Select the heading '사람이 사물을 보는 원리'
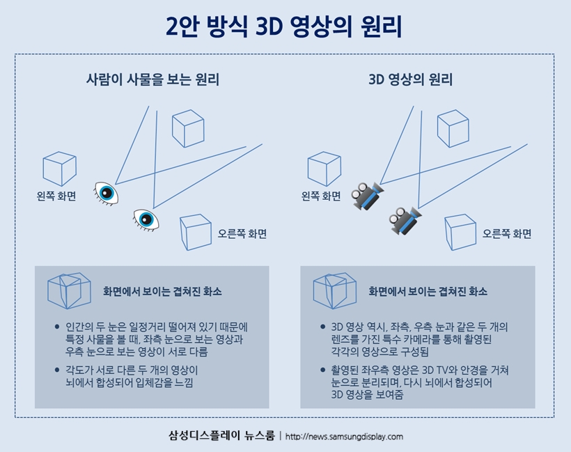[x=152, y=79]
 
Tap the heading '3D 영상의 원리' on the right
[x=411, y=79]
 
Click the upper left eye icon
[x=106, y=192]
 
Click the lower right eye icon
[x=146, y=219]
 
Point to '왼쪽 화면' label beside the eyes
[x=56, y=196]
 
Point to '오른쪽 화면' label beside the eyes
[x=242, y=234]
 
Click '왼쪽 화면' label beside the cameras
[x=321, y=196]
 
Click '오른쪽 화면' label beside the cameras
[x=507, y=234]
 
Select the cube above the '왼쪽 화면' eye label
[x=59, y=169]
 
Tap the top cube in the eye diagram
[x=188, y=127]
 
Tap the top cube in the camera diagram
[x=453, y=127]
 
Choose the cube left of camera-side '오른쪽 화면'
[x=460, y=232]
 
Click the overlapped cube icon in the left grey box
[x=69, y=290]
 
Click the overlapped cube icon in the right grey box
[x=334, y=290]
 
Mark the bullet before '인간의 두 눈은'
[x=57, y=327]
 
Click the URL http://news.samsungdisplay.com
[x=344, y=437]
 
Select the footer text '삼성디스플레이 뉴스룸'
[x=221, y=436]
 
